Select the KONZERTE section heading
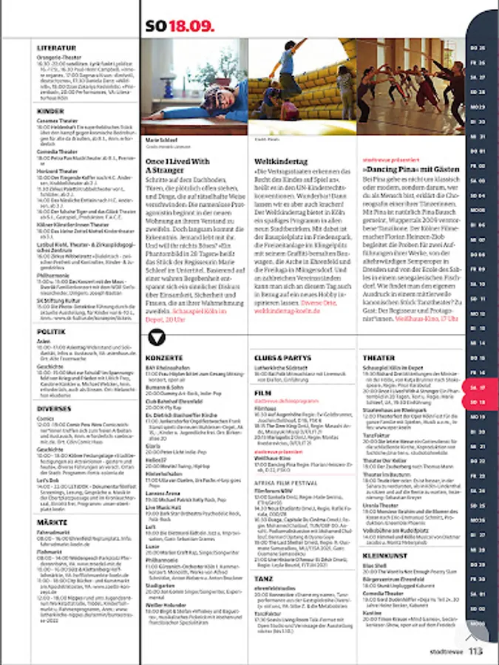[x=164, y=358]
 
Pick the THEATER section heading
[x=379, y=358]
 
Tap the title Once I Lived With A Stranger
[x=177, y=165]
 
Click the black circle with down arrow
[x=157, y=338]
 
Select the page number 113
[x=475, y=651]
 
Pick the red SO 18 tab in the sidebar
[x=478, y=401]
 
